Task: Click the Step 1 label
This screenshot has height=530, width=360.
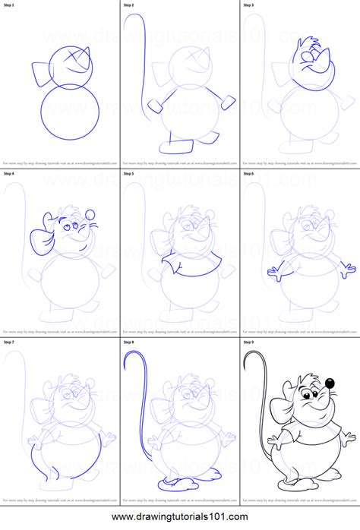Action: pos(9,5)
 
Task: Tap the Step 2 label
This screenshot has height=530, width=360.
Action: pos(129,5)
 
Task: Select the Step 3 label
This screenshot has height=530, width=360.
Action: pos(249,5)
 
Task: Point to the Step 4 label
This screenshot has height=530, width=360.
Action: pos(9,174)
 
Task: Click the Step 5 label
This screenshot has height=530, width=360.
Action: pos(129,174)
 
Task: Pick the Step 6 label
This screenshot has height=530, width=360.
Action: pos(249,174)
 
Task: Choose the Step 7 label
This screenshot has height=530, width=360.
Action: pos(9,342)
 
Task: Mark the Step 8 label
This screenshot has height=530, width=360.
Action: pos(129,342)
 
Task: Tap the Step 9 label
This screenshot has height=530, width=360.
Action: pos(249,342)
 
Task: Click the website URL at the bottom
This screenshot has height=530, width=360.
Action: pos(180,519)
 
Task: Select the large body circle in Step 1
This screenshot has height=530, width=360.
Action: pos(70,111)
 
